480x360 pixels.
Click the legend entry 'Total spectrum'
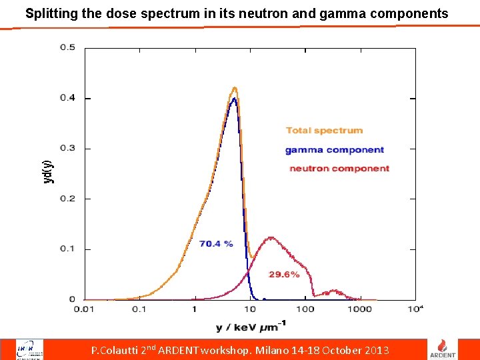pos(325,131)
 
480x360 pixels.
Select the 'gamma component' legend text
pos(335,150)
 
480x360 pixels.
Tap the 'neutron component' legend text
pos(339,169)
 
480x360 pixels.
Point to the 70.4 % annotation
pos(216,244)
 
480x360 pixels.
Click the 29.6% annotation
pos(284,275)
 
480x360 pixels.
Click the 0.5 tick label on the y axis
pos(68,47)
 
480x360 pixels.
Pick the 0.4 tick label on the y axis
pos(68,98)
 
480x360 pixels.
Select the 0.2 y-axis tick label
pos(68,199)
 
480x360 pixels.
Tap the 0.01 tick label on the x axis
pos(83,309)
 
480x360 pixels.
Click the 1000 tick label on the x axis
pos(361,309)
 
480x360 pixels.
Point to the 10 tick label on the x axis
pos(250,309)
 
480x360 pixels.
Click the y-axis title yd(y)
pos(47,172)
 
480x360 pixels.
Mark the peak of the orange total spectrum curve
pos(234,87)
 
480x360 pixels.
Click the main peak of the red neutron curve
pos(271,237)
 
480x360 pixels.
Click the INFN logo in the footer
pos(30,349)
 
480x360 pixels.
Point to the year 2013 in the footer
pos(376,351)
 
